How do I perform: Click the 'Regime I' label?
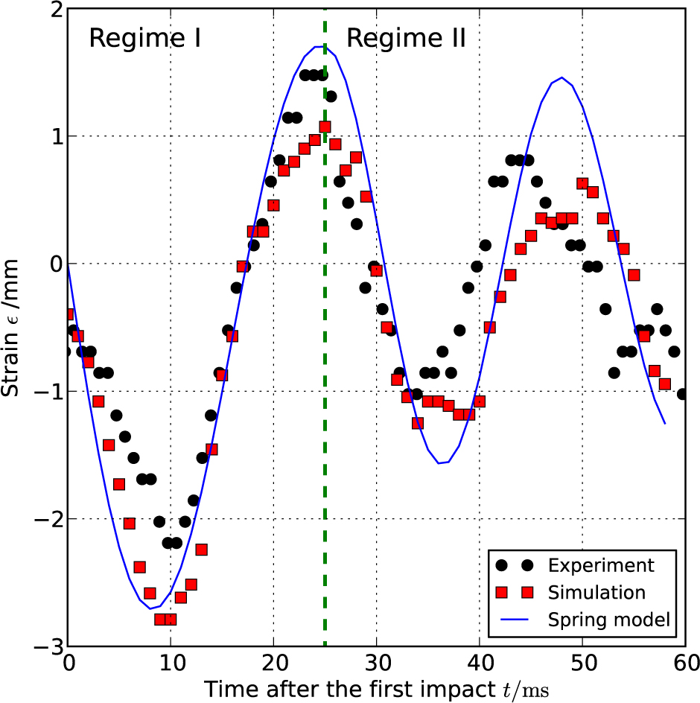(144, 39)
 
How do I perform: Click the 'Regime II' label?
(406, 39)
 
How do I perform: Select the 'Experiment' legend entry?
(601, 565)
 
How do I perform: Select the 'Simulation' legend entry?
(596, 592)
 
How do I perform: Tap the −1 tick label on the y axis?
(45, 392)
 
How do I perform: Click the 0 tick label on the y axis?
(51, 264)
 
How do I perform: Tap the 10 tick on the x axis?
(171, 662)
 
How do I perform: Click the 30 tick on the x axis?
(377, 662)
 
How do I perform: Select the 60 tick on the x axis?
(685, 662)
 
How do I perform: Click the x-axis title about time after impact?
(377, 688)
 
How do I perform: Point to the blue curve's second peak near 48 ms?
(561, 77)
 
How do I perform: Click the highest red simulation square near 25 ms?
(325, 127)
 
